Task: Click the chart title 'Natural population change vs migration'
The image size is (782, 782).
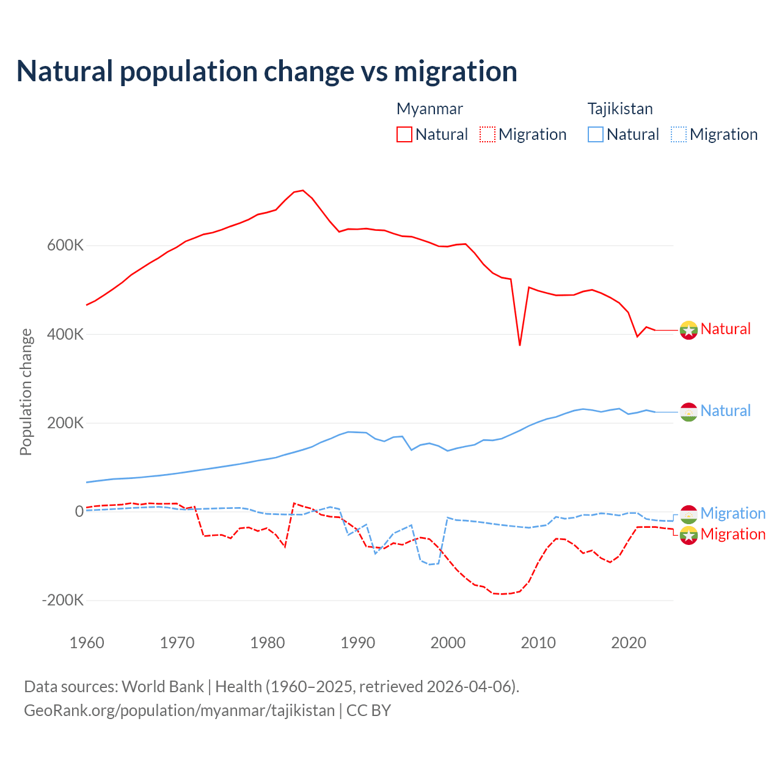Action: click(x=267, y=71)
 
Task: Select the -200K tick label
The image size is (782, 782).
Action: click(x=63, y=601)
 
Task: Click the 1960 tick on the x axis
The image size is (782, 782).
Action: click(x=87, y=643)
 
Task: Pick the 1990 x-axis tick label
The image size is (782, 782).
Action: click(x=358, y=643)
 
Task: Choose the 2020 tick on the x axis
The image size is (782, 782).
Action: click(x=629, y=643)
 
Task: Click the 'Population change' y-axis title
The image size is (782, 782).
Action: click(x=26, y=392)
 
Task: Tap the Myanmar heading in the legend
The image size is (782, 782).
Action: click(x=429, y=109)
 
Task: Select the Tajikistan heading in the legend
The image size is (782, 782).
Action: click(x=620, y=109)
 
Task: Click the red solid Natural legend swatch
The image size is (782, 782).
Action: click(x=404, y=134)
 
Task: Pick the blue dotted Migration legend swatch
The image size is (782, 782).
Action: click(x=679, y=134)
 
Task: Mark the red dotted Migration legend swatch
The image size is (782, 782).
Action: click(x=488, y=134)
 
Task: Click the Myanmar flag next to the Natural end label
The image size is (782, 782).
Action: click(x=689, y=330)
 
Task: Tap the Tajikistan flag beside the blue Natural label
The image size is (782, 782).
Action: click(x=689, y=412)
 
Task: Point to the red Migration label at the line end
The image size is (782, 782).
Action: click(x=733, y=534)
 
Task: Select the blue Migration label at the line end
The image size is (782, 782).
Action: click(x=733, y=513)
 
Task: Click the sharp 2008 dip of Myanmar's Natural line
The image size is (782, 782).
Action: click(x=520, y=345)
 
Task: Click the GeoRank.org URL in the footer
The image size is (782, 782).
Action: click(x=179, y=711)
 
